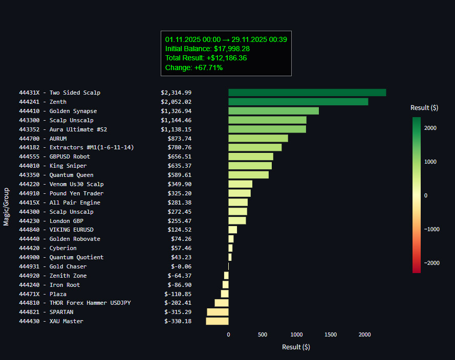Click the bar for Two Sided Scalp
pyautogui.click(x=307, y=93)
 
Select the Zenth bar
pyautogui.click(x=298, y=102)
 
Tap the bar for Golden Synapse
pyautogui.click(x=273, y=111)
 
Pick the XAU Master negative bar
pyautogui.click(x=218, y=321)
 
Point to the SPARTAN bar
pyautogui.click(x=218, y=312)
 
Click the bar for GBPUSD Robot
pyautogui.click(x=251, y=156)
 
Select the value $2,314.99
pyautogui.click(x=176, y=93)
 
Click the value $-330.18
pyautogui.click(x=178, y=321)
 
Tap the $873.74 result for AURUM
pyautogui.click(x=179, y=139)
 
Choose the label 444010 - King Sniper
pyautogui.click(x=53, y=166)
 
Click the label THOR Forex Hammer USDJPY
pyautogui.click(x=90, y=303)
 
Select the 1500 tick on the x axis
pyautogui.click(x=331, y=334)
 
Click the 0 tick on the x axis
pyautogui.click(x=228, y=334)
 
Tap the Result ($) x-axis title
pyautogui.click(x=296, y=347)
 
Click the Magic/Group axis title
pyautogui.click(x=6, y=207)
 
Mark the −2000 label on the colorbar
pyautogui.click(x=431, y=263)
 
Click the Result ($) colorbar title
pyautogui.click(x=424, y=107)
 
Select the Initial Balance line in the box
pyautogui.click(x=207, y=49)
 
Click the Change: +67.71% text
pyautogui.click(x=193, y=67)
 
